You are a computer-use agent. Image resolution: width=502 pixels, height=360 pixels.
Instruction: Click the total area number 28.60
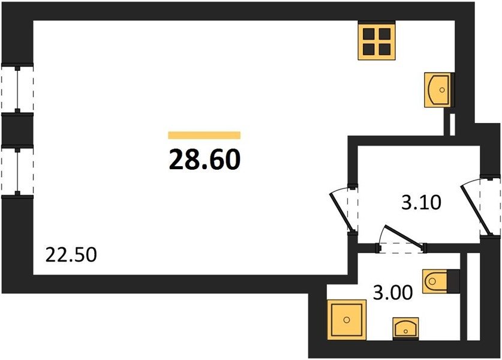tap(205, 160)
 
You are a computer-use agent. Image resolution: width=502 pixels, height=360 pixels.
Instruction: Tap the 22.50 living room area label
tap(71, 255)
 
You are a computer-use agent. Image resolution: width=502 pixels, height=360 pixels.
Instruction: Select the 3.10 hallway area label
tap(421, 202)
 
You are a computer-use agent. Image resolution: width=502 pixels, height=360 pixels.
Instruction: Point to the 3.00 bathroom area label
tap(393, 292)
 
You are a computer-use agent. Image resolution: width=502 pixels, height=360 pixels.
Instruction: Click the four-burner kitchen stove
tap(377, 41)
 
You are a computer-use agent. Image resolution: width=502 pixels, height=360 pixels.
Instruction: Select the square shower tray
tap(347, 319)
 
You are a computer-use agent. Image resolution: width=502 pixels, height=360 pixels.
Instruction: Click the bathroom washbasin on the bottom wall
tap(405, 328)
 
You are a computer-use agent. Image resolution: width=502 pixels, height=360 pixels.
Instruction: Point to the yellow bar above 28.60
tap(205, 135)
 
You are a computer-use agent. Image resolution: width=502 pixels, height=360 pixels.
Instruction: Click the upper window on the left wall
tap(17, 89)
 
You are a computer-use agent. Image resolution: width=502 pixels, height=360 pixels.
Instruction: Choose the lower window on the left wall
tap(17, 171)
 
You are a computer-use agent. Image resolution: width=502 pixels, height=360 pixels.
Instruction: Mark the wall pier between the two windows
tap(17, 130)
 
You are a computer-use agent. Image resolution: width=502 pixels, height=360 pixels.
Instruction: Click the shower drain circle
tap(347, 320)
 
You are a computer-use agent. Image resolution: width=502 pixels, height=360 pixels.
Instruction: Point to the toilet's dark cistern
tap(453, 281)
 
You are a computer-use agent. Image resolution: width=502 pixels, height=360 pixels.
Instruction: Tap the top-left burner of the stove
tap(368, 34)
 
